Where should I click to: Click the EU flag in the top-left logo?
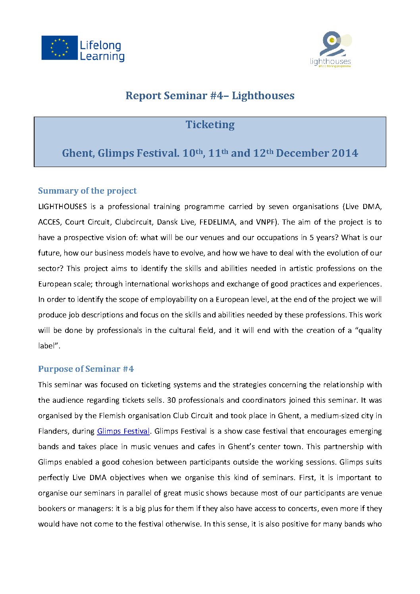pyautogui.click(x=60, y=48)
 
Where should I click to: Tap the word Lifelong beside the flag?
pyautogui.click(x=100, y=45)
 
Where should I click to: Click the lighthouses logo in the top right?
pyautogui.click(x=331, y=50)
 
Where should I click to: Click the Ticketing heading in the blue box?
pyautogui.click(x=210, y=125)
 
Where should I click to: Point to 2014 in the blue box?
pyautogui.click(x=344, y=153)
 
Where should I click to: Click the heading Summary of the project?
pyautogui.click(x=87, y=191)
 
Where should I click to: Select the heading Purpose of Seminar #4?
pyautogui.click(x=86, y=369)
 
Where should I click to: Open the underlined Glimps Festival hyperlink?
pyautogui.click(x=123, y=431)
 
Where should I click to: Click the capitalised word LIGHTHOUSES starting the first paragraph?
pyautogui.click(x=62, y=207)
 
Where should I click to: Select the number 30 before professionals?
pyautogui.click(x=171, y=400)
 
